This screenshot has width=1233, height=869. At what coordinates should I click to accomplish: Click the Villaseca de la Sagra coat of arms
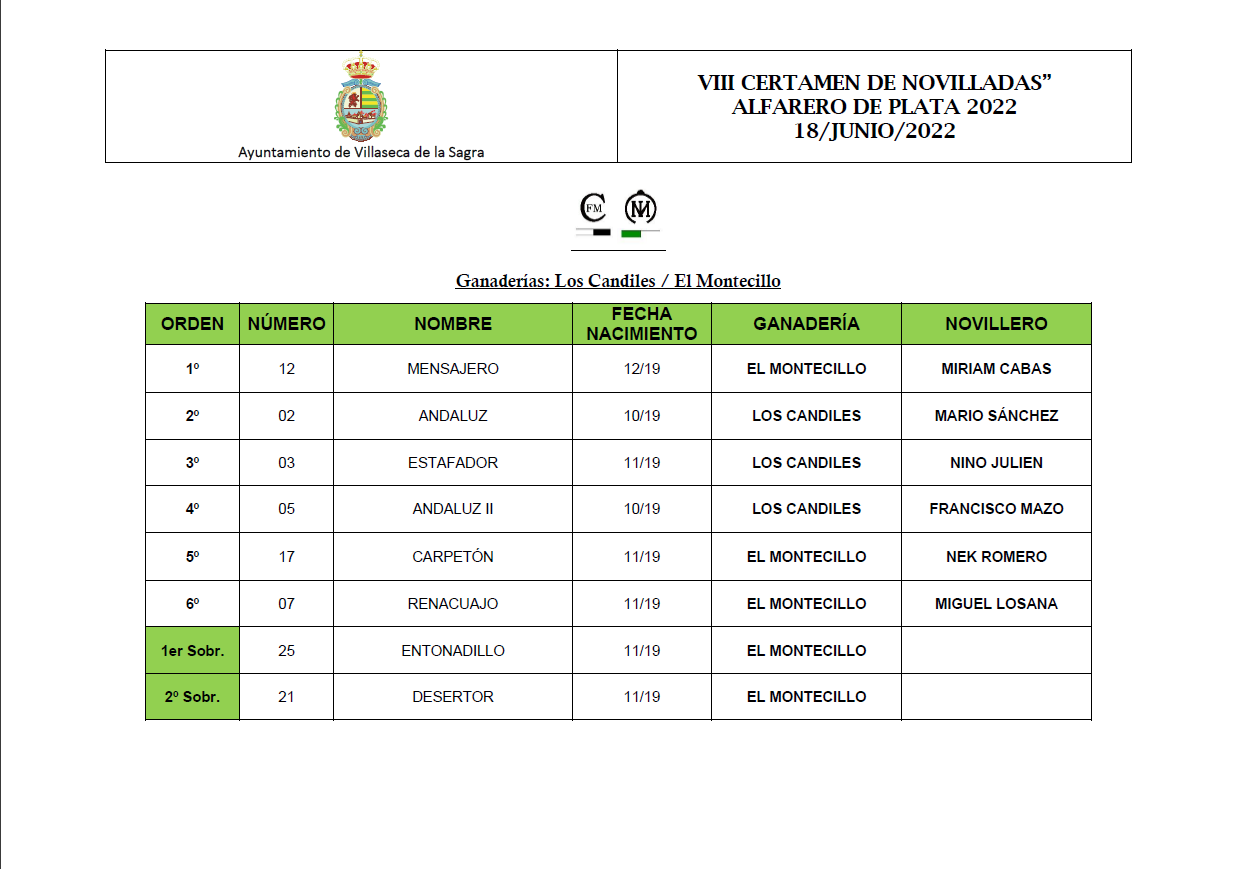(360, 96)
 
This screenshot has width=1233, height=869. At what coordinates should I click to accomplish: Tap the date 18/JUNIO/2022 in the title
(874, 131)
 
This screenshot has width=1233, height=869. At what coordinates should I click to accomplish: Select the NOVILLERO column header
(996, 324)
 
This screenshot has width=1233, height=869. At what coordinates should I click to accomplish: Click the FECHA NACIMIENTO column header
(641, 324)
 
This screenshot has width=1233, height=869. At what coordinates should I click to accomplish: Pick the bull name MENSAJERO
(453, 369)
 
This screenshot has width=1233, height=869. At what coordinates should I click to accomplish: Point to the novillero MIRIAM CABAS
(996, 369)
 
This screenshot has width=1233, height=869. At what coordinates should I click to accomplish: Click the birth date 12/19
(642, 369)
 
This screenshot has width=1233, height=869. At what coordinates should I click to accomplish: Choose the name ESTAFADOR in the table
(453, 463)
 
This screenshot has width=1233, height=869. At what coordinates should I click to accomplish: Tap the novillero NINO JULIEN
(996, 463)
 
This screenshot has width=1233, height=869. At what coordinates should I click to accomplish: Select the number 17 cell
(287, 557)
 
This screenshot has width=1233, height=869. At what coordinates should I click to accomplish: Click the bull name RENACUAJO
(453, 604)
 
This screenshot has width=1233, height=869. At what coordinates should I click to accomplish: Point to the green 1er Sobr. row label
(192, 651)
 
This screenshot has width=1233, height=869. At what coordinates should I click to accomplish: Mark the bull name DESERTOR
(453, 697)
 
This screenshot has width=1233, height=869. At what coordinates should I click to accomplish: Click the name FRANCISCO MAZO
(996, 509)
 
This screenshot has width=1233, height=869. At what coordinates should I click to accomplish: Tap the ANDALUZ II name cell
(453, 509)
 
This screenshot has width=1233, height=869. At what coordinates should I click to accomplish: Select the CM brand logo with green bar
(639, 213)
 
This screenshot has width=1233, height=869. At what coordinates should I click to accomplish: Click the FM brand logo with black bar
(594, 213)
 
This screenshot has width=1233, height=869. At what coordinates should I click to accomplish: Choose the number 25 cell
(287, 651)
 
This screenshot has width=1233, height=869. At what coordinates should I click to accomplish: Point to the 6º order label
(192, 604)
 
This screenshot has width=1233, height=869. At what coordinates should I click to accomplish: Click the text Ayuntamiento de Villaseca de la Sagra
(361, 152)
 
